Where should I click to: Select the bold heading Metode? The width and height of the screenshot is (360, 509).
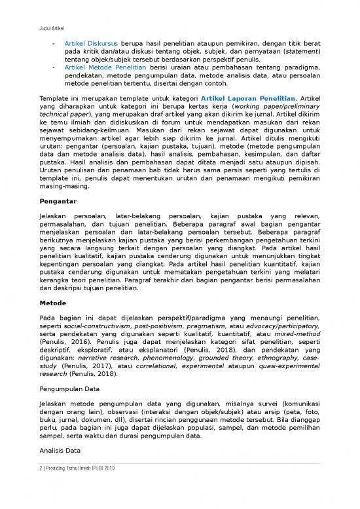coord(53,303)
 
